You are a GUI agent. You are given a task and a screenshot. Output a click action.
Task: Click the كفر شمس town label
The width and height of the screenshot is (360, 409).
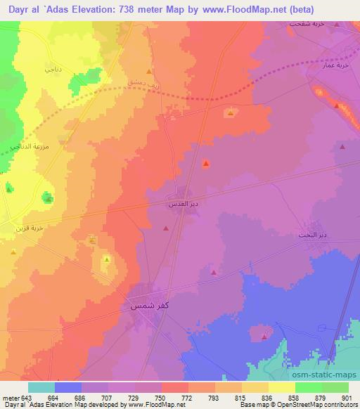(x=148, y=306)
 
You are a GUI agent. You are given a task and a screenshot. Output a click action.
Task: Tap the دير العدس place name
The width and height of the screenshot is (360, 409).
(x=181, y=203)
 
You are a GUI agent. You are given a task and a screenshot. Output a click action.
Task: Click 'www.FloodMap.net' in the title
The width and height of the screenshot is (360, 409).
(x=249, y=8)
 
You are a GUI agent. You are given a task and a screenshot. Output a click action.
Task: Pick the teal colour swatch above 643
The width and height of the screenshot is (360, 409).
(x=41, y=387)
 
